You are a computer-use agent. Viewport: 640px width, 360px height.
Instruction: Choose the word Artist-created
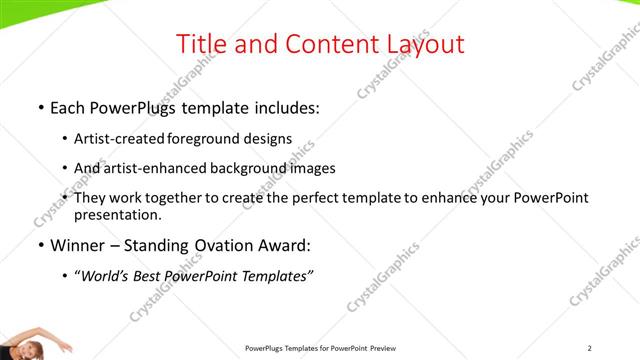122,139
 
